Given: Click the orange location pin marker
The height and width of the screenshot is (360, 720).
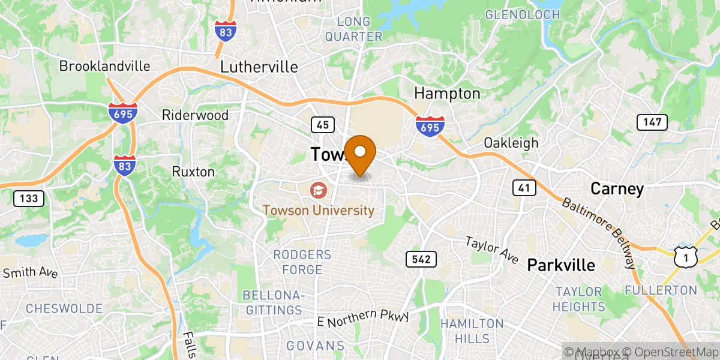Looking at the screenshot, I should (361, 153).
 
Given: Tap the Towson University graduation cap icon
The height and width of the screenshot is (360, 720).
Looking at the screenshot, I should (317, 191).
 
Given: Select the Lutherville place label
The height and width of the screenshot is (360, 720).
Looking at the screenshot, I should (259, 67).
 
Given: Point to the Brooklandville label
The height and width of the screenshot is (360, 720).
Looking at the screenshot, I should (104, 66).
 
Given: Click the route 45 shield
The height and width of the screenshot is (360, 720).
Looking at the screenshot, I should (322, 124).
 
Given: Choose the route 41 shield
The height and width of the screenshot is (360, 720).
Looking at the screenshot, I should (524, 188).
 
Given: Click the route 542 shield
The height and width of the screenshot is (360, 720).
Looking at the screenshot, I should (421, 260).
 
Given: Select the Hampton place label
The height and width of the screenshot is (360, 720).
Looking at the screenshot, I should (447, 94).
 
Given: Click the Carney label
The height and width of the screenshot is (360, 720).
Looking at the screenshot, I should (617, 189).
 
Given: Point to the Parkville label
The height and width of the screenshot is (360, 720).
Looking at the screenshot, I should (560, 265).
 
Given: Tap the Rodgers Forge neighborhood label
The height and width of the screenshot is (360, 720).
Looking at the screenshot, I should (302, 262).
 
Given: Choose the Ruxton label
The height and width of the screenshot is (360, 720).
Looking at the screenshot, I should (193, 172).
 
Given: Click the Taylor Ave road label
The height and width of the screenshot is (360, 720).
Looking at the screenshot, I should (493, 250).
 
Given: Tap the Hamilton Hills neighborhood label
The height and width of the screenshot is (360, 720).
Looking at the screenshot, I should (472, 331).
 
